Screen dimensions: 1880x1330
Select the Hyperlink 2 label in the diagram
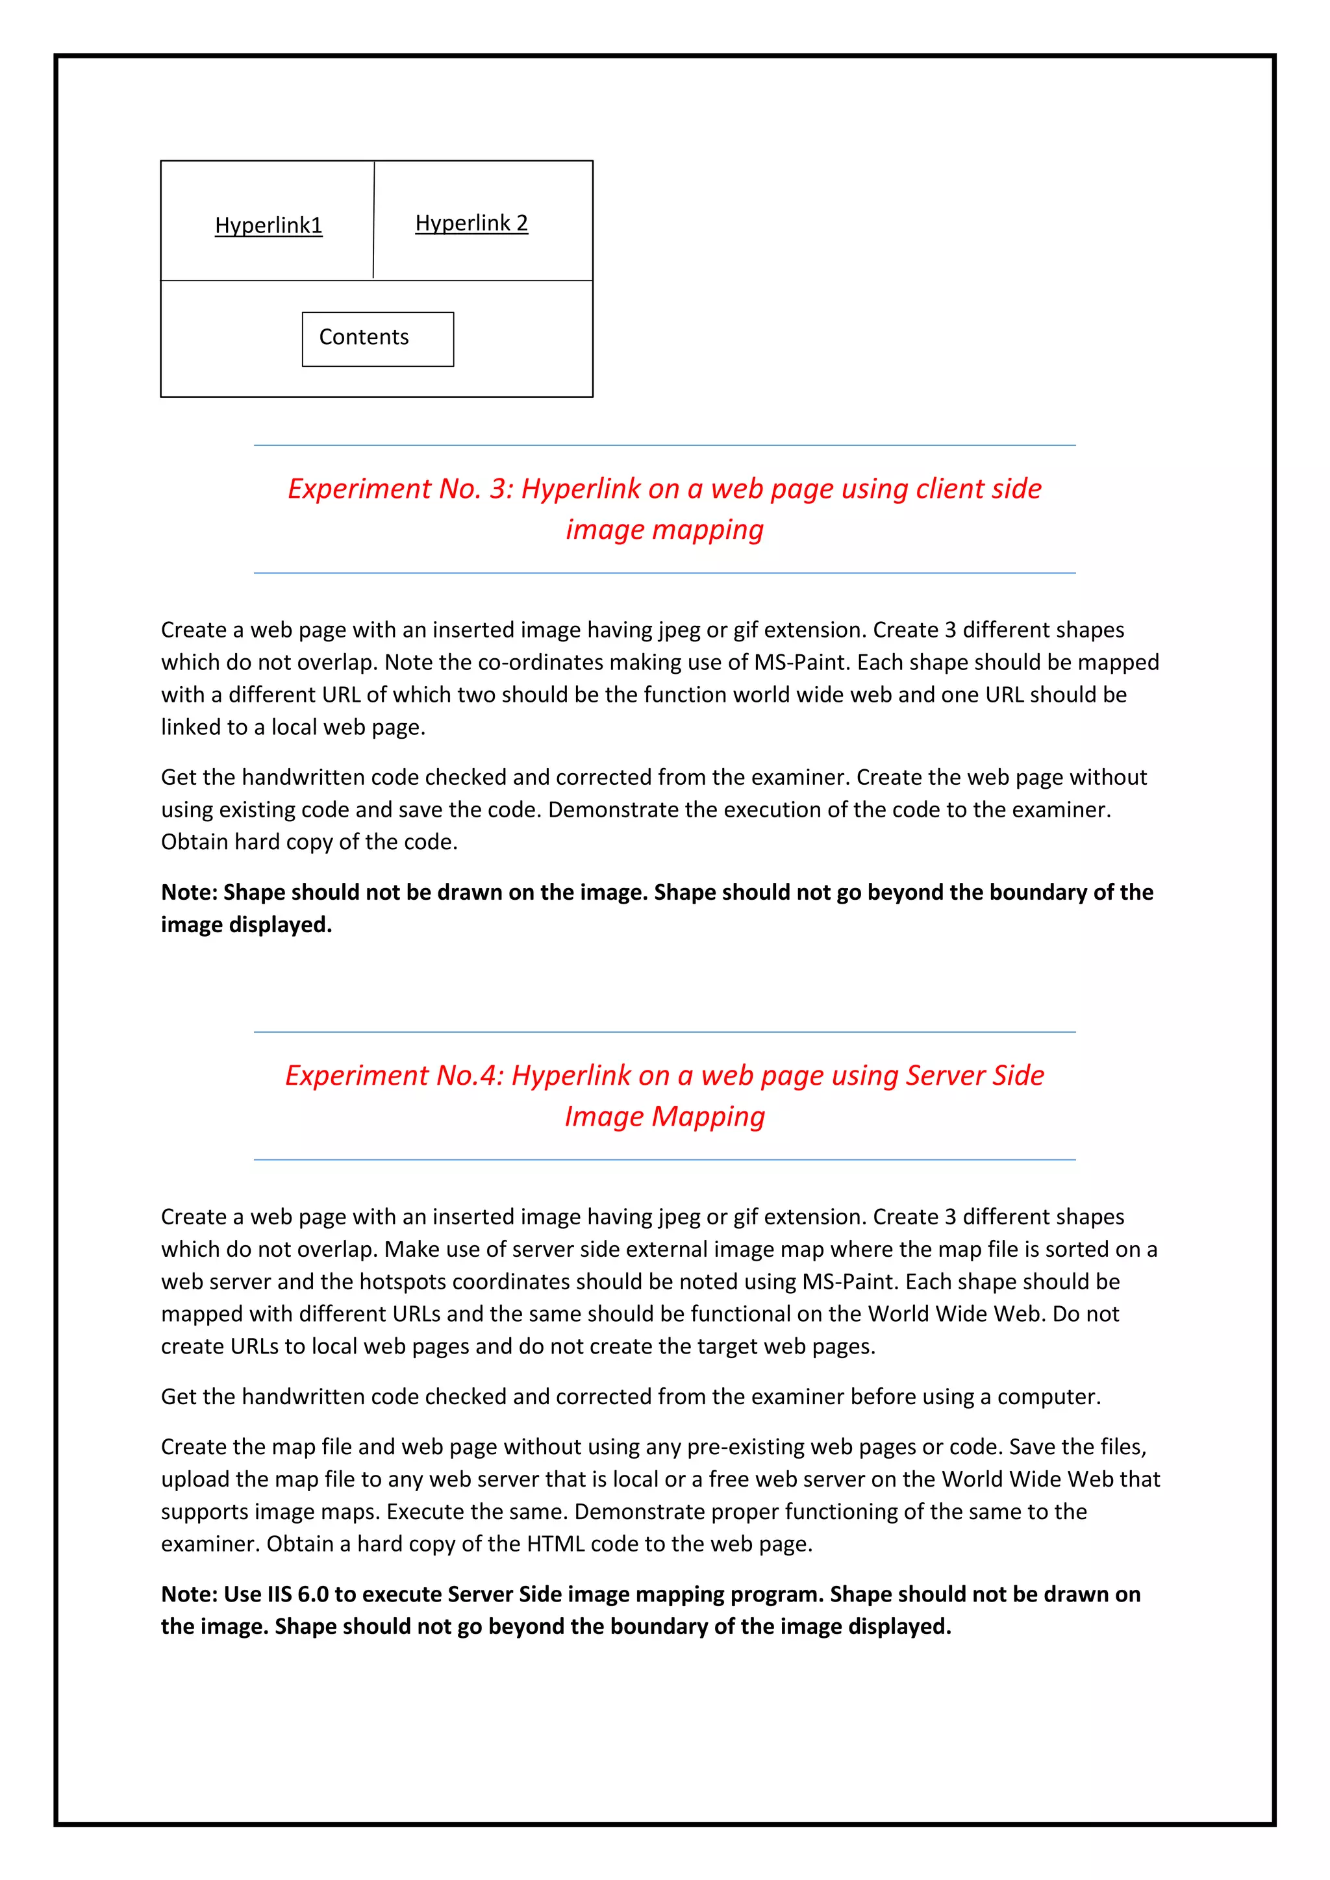(x=471, y=223)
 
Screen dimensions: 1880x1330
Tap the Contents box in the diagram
(x=377, y=338)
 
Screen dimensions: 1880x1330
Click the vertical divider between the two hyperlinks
(x=373, y=220)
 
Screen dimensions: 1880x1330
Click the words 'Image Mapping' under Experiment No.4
(x=664, y=1116)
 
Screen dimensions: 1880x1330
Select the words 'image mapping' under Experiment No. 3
(x=664, y=530)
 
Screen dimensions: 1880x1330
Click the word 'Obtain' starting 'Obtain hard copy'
(x=194, y=842)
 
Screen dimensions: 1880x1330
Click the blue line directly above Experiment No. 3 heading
(x=664, y=445)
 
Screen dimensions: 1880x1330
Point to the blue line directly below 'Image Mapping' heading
(x=664, y=1159)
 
